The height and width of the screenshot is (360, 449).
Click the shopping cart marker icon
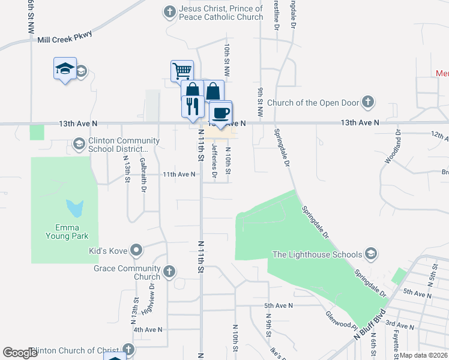point(182,71)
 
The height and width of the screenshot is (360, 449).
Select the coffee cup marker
point(221,112)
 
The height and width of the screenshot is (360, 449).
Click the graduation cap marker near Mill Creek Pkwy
point(65,70)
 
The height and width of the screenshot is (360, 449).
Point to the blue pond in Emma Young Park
point(75,208)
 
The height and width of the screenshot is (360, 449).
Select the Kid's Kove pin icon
point(137,250)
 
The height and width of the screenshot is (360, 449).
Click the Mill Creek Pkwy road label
point(65,39)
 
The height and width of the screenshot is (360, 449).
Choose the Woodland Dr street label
point(397,146)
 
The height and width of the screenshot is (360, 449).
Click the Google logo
point(20,353)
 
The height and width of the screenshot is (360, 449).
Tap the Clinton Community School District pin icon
point(79,144)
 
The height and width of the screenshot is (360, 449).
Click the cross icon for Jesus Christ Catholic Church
point(170,11)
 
